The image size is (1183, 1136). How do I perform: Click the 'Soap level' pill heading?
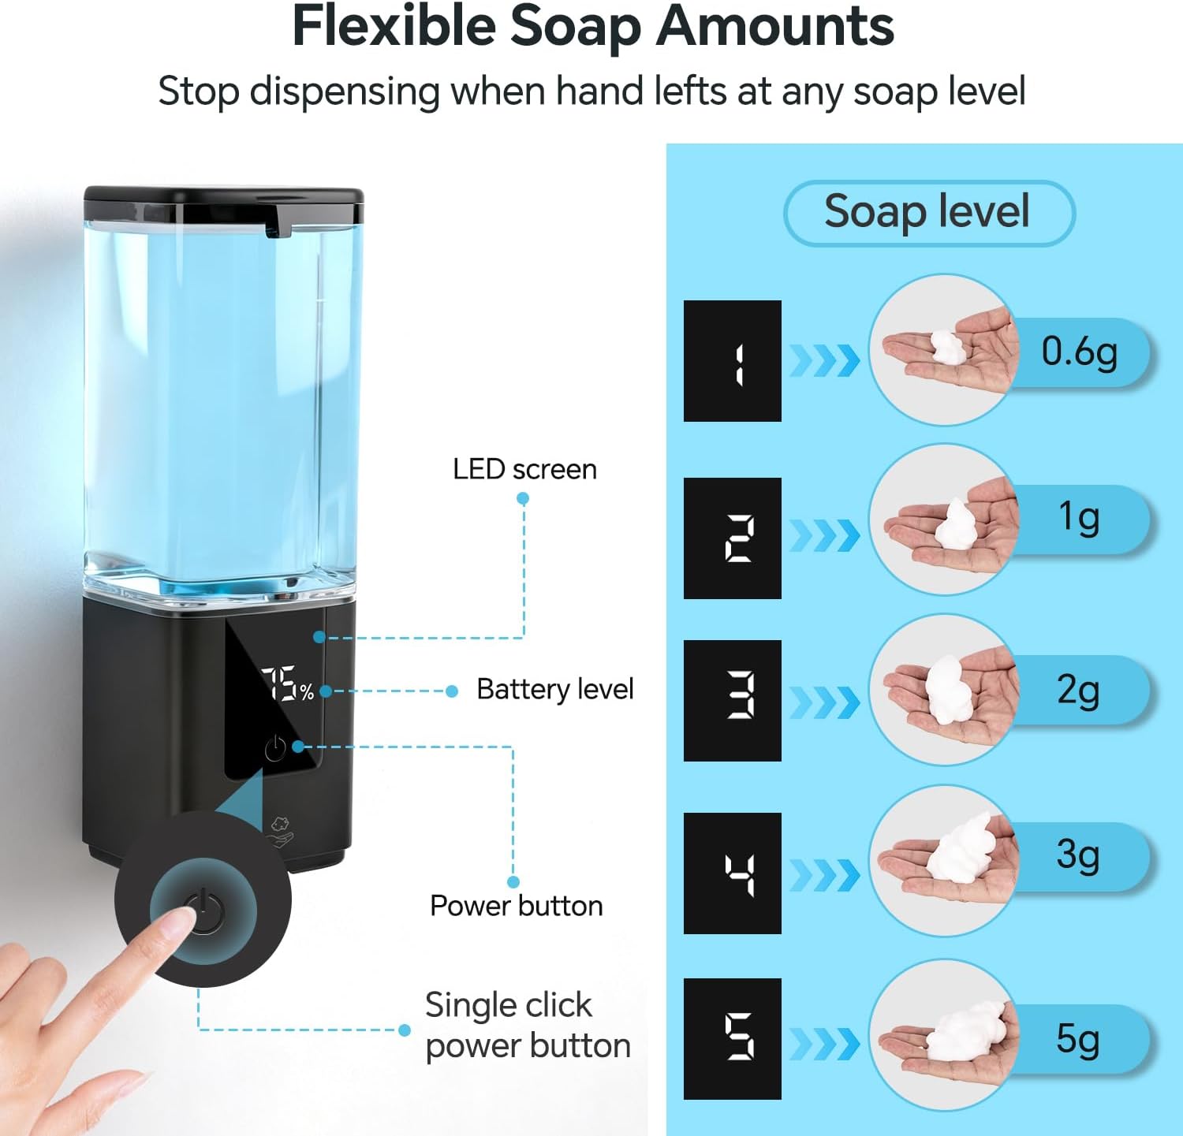[x=927, y=212]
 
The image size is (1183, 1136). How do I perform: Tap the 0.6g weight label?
[x=1079, y=352]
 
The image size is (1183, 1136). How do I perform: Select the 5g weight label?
[x=1077, y=1039]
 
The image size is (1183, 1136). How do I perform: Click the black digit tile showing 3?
[x=732, y=700]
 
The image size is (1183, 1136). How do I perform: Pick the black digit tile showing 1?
[x=732, y=360]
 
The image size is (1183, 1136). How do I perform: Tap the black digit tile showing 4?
[x=732, y=873]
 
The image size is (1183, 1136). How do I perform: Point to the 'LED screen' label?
[x=524, y=470]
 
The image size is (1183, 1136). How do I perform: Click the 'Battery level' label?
[x=554, y=689]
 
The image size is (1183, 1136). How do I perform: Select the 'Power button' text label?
[x=516, y=906]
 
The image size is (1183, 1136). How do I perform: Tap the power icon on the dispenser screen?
[x=275, y=747]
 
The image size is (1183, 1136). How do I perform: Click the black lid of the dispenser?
[x=224, y=202]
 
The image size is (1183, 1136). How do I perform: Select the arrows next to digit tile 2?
[x=824, y=536]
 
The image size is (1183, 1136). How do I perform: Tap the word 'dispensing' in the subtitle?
[x=345, y=91]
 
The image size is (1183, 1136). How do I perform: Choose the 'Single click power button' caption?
[x=527, y=1026]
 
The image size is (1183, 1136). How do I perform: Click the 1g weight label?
[x=1078, y=518]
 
